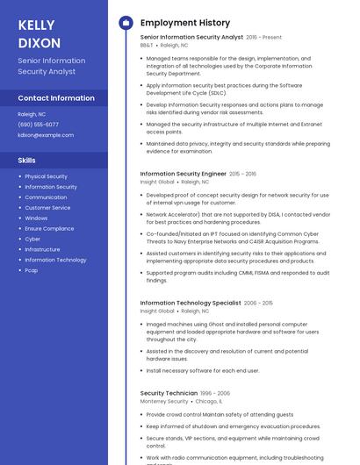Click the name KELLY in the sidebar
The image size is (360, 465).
tap(36, 25)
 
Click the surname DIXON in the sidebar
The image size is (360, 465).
tap(40, 43)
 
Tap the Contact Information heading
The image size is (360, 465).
tap(56, 98)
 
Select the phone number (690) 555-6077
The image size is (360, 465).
tap(39, 125)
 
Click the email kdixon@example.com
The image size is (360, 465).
tap(46, 135)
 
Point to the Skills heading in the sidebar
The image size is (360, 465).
tap(27, 161)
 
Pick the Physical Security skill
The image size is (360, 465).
tap(46, 176)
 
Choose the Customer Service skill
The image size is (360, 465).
tap(47, 208)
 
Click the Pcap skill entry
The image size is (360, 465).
tap(32, 270)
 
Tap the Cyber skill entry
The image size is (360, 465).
tap(32, 239)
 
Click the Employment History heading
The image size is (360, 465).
tap(185, 23)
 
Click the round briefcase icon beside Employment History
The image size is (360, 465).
tap(125, 23)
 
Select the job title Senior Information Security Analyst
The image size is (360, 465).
tap(191, 37)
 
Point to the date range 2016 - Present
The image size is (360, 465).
tap(264, 38)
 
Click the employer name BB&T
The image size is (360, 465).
tap(147, 45)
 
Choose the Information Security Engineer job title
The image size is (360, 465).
tap(184, 174)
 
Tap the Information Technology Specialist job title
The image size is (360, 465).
tap(191, 303)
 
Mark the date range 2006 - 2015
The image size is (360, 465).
tap(258, 303)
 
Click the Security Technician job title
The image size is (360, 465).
tap(169, 393)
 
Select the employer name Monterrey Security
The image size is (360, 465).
tap(164, 401)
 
